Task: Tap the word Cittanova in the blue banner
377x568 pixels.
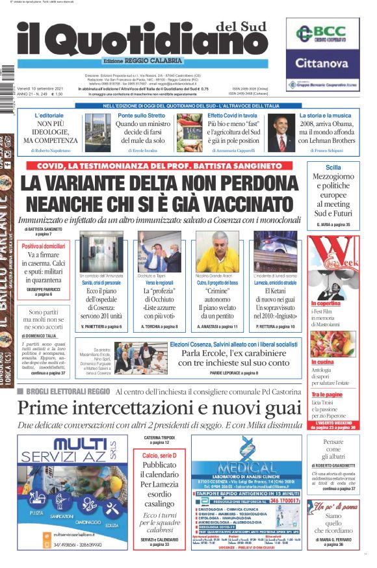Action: (x=323, y=64)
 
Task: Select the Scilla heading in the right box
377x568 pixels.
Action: (x=333, y=167)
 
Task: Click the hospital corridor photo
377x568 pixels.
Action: (x=100, y=252)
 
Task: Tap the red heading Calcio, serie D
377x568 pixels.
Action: (x=159, y=456)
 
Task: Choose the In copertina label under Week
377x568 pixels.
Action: (x=326, y=303)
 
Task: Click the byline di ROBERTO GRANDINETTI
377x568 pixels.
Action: (x=332, y=466)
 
